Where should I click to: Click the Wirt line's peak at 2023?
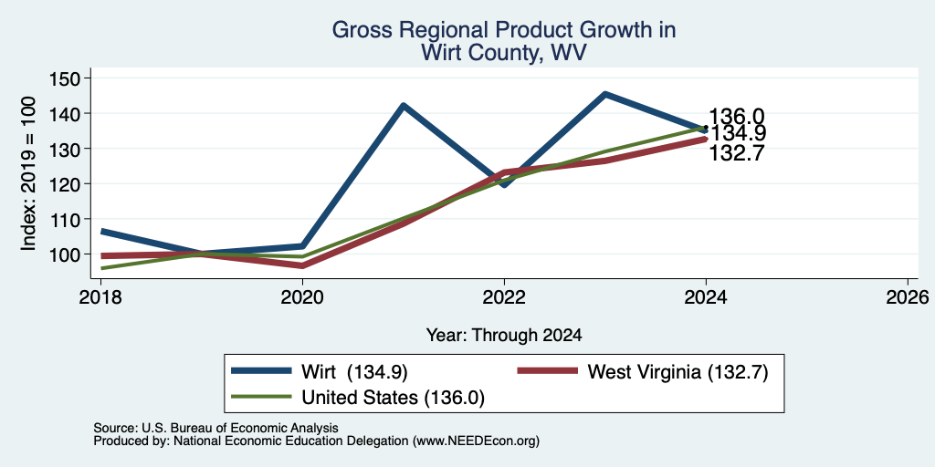[604, 94]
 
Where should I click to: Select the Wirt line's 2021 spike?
[404, 106]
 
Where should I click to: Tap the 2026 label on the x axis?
[907, 296]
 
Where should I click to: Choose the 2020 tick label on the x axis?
[303, 296]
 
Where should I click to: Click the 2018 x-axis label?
[101, 296]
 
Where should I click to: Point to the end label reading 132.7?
[737, 153]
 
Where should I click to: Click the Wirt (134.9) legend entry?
[320, 372]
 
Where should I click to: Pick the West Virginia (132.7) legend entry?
[642, 372]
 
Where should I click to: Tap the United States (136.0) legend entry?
[358, 398]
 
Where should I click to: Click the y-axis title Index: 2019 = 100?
[28, 173]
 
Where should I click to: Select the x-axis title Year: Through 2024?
[504, 336]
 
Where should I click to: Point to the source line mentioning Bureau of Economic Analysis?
[215, 428]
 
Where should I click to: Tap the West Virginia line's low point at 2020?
[303, 265]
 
